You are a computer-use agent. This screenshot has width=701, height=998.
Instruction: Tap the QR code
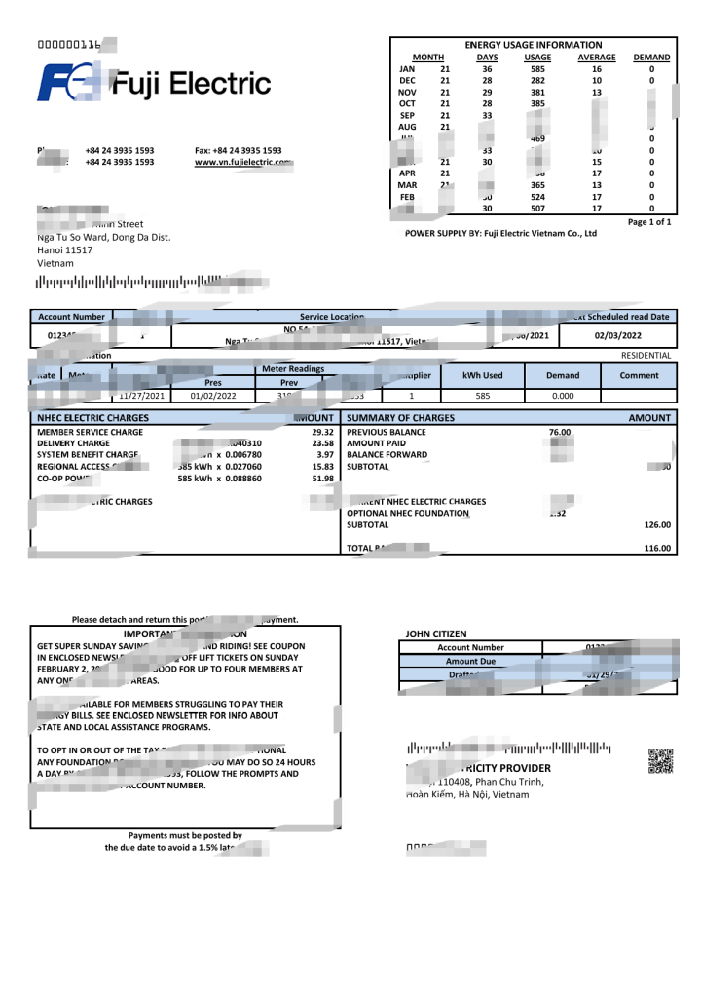click(x=661, y=761)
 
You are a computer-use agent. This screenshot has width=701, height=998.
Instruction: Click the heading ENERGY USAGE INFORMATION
click(x=534, y=45)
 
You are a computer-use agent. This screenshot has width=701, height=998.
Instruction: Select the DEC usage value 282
click(x=537, y=81)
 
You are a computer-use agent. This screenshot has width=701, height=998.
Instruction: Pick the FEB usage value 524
click(x=537, y=196)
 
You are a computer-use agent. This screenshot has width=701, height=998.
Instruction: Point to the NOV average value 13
click(x=597, y=93)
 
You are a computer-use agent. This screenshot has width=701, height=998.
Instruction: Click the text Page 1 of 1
click(x=649, y=222)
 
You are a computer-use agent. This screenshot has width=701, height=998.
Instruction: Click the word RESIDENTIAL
click(x=646, y=356)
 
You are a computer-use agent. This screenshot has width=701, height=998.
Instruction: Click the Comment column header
click(x=639, y=375)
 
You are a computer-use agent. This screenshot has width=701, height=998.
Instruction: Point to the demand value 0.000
click(x=562, y=397)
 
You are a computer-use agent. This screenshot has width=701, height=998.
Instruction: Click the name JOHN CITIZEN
click(x=436, y=633)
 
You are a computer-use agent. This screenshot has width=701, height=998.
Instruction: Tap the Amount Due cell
click(x=470, y=661)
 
